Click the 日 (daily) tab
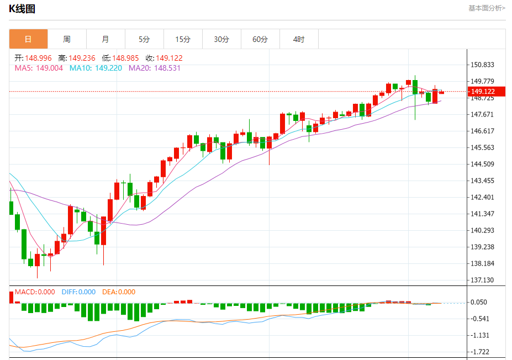tap(28, 39)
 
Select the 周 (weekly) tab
tap(67, 39)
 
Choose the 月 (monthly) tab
tap(105, 39)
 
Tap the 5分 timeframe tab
tap(144, 39)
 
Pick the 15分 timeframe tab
tap(183, 39)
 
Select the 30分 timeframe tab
tap(221, 39)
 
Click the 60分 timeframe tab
tap(260, 39)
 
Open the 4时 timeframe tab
tap(299, 39)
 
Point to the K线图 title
tap(23, 8)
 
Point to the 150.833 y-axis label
tap(483, 65)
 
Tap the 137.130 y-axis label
tap(483, 280)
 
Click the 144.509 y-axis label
tap(483, 164)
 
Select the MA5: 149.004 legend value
tap(39, 68)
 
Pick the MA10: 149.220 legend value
tap(96, 68)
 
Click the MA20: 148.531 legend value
tap(155, 68)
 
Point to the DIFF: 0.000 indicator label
tap(78, 292)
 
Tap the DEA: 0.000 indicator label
tap(119, 292)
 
